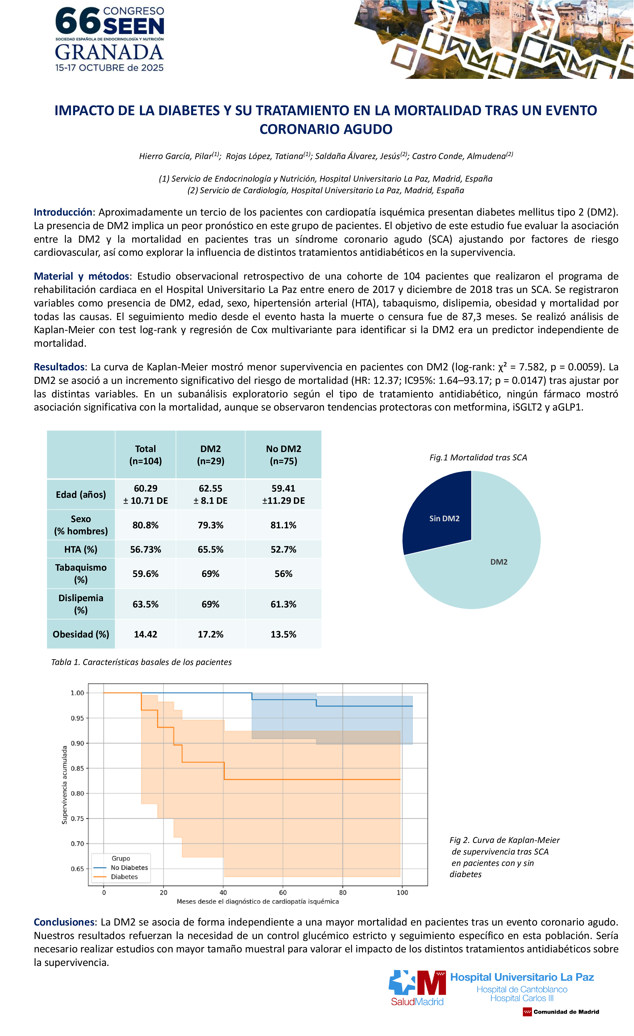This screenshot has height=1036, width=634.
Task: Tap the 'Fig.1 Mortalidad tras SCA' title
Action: click(x=478, y=457)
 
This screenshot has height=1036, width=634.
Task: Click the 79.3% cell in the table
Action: click(x=210, y=525)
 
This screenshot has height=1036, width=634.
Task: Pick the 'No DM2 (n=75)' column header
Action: click(x=283, y=455)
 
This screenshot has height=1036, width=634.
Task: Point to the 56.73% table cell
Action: click(x=146, y=550)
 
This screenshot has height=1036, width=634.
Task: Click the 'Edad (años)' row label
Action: click(x=81, y=494)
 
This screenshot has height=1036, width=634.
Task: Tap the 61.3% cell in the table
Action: click(x=283, y=604)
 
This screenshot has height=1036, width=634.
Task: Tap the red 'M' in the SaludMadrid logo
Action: click(x=431, y=983)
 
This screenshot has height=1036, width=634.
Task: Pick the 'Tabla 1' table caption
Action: click(x=141, y=662)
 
